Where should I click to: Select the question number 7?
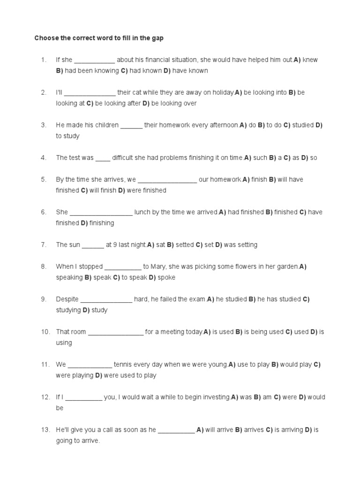point(44,245)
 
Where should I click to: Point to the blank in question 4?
point(103,158)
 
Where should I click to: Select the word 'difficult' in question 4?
point(122,158)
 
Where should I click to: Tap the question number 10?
point(45,332)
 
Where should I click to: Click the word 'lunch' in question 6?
point(142,212)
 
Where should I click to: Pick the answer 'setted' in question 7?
point(184,245)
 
